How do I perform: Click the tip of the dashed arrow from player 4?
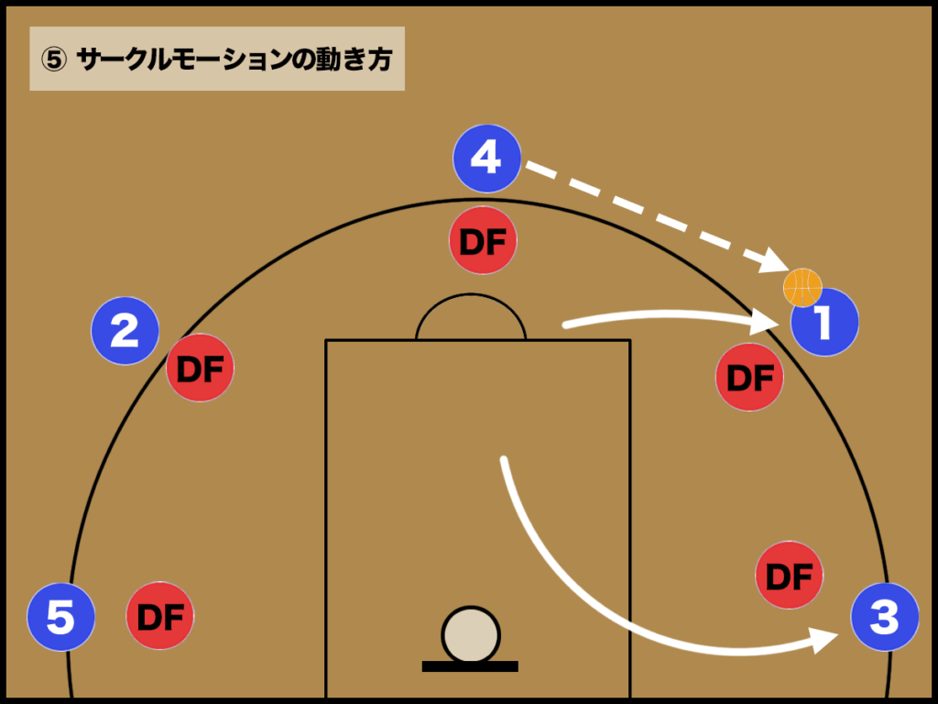coord(789,269)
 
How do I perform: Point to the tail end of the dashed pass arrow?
coord(528,164)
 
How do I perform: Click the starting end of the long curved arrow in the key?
coord(504,460)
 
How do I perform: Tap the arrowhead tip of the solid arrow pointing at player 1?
coord(779,324)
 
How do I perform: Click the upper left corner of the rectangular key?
coord(326,341)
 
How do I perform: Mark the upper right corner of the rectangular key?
coord(630,341)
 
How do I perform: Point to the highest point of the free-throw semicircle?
coord(471,294)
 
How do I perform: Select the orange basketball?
coord(802,287)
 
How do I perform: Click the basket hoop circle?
coord(471,634)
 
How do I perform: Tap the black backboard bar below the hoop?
coord(470,666)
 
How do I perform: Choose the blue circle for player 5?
coord(61,617)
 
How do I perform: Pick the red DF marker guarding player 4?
coord(483,240)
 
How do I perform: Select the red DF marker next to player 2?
coord(200,368)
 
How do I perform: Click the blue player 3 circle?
coord(885,617)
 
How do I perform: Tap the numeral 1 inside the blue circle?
coord(825,322)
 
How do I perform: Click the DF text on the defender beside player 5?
coord(160,617)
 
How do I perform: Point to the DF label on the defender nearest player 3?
coord(789,577)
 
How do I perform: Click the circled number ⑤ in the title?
coord(54,60)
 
